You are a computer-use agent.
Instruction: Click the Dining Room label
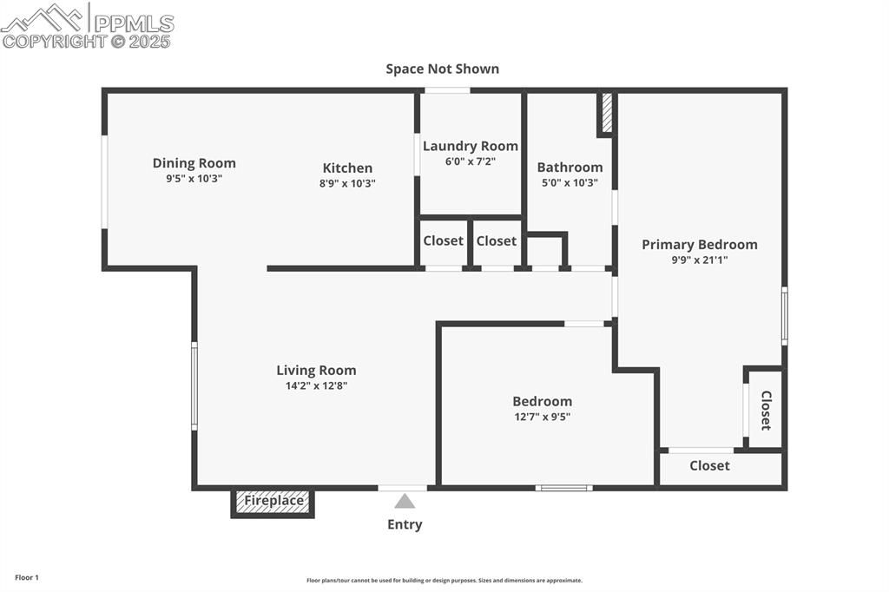click(x=194, y=163)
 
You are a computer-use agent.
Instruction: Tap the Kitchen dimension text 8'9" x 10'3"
click(x=347, y=183)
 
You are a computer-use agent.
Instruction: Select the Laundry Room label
click(x=471, y=146)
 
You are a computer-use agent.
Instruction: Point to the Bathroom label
click(x=570, y=168)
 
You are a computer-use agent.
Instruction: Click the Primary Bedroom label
click(x=699, y=245)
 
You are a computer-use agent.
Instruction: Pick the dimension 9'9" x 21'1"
click(x=699, y=260)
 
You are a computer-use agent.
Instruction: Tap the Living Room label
click(x=316, y=371)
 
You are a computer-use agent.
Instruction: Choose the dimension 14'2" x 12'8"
click(x=316, y=385)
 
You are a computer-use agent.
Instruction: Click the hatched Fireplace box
click(x=273, y=502)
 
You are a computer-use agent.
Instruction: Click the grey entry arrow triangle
click(x=405, y=501)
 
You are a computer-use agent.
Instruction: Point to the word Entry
click(x=405, y=524)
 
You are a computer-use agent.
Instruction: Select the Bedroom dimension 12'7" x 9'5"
click(x=542, y=416)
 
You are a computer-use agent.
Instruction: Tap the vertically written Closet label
click(x=766, y=410)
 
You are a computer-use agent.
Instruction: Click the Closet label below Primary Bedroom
click(x=709, y=466)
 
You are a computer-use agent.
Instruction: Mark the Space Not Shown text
click(x=443, y=69)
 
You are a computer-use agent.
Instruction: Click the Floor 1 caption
click(x=27, y=577)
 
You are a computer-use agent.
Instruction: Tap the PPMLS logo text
click(x=134, y=23)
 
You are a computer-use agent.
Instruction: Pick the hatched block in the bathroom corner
click(x=607, y=113)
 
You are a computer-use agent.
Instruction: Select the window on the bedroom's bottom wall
click(x=564, y=488)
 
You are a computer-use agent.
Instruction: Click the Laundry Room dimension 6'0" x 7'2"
click(x=471, y=161)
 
